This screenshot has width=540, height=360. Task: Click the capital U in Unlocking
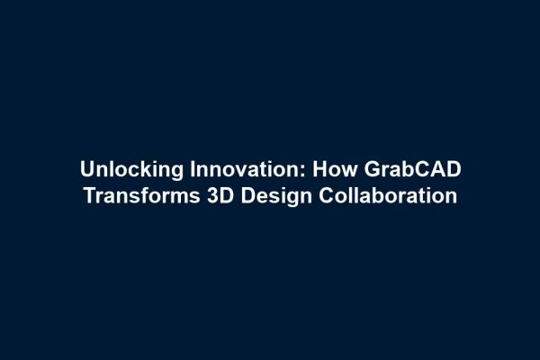86,169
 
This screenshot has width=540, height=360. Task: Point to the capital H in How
319,169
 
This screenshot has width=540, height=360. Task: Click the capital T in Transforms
89,195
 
